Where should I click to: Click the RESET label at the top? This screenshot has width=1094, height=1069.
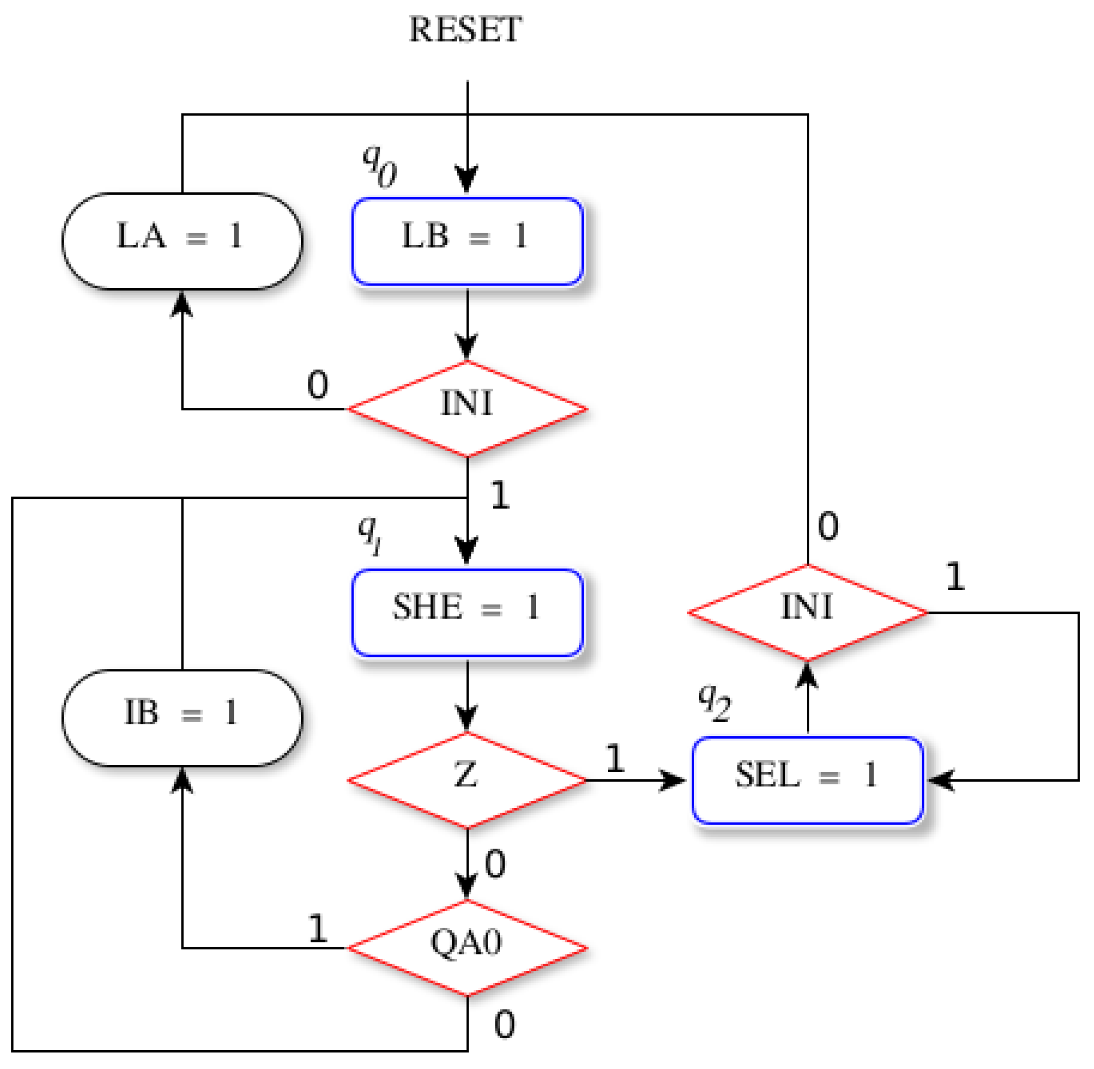point(465,29)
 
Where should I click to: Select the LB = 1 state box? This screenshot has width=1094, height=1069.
point(467,241)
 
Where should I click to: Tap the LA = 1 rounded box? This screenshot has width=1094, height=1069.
point(182,241)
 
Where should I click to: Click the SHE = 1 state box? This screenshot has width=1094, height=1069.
point(467,612)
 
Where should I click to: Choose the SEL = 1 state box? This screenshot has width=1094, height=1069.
point(808,780)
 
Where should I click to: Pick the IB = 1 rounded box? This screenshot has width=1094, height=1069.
point(182,718)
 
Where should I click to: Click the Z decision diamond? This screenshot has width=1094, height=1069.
point(467,780)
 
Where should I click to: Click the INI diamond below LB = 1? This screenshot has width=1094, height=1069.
point(467,409)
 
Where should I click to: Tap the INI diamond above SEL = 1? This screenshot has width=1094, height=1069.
point(808,612)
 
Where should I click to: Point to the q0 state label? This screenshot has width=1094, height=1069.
point(380,165)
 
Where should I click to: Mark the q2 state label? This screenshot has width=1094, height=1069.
point(714,702)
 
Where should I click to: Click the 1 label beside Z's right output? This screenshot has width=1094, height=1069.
point(616,758)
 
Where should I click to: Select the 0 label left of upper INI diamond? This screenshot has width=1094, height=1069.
point(318,385)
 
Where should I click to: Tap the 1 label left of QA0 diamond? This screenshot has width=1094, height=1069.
point(318,929)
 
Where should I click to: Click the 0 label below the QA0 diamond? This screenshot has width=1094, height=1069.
point(504,1024)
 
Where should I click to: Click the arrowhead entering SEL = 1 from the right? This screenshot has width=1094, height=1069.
point(940,780)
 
